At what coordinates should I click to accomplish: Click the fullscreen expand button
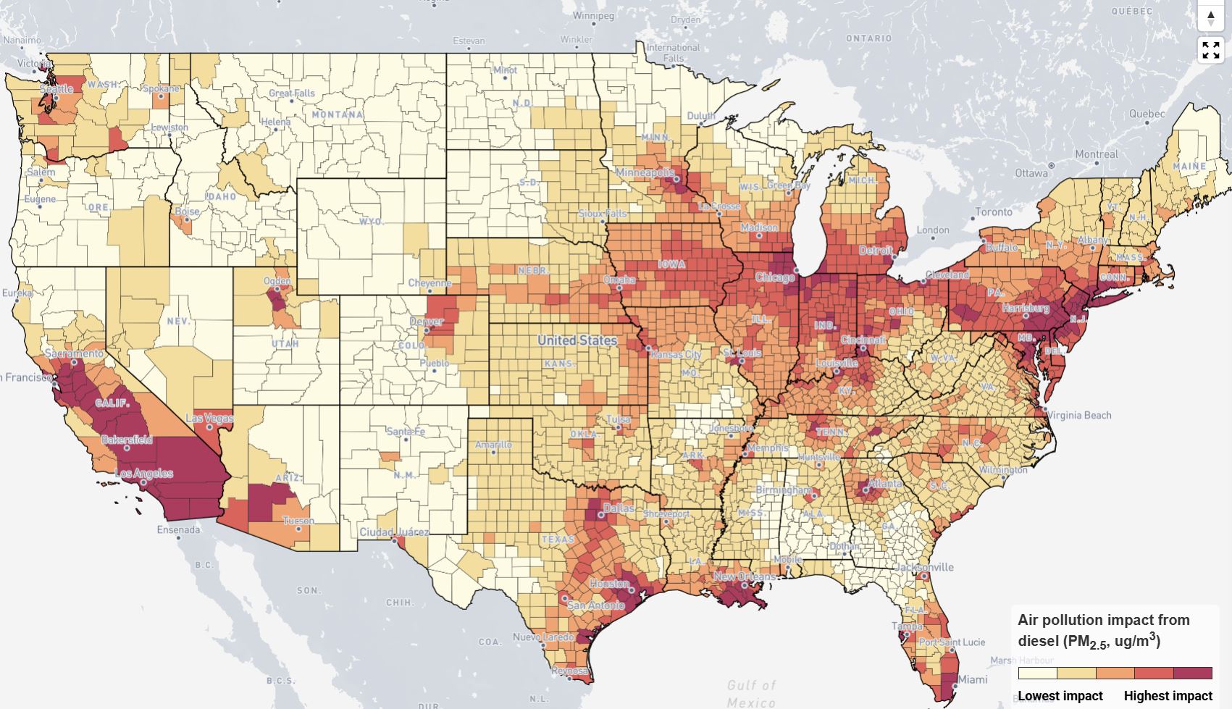1210,50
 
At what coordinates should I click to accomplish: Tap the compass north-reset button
1210,18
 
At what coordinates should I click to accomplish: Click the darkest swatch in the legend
1193,673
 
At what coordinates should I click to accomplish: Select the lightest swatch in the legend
1037,673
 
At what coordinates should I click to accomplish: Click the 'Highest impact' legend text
1168,695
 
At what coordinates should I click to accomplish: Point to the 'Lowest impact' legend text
1060,695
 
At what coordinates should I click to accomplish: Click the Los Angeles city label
144,474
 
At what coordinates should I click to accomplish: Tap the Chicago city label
774,277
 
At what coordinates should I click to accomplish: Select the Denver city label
426,321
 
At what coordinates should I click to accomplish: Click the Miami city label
972,679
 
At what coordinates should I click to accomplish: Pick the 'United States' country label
577,340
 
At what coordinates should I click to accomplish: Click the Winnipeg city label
593,15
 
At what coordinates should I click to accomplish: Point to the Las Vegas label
210,418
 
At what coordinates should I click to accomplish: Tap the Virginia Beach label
1078,415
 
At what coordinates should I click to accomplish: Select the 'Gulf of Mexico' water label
752,693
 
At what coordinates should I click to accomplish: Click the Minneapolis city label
645,172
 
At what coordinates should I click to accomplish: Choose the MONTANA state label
337,114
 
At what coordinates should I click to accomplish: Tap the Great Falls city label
292,93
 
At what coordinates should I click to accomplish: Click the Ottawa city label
1031,173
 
